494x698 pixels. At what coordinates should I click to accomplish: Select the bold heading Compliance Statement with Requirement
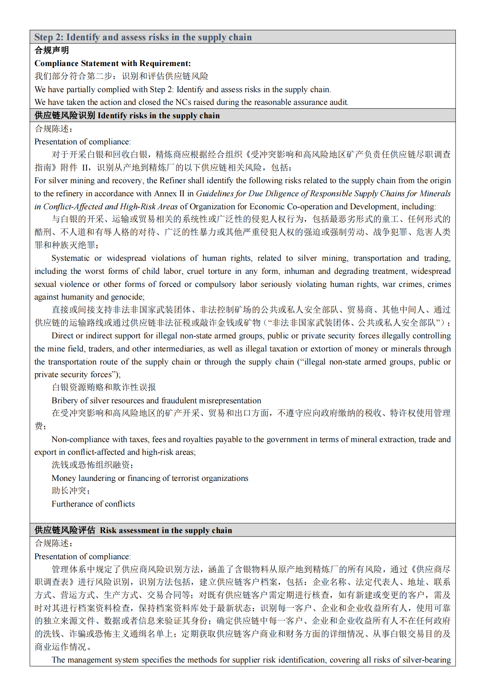(x=112, y=63)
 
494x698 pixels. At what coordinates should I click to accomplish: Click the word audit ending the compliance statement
(x=338, y=102)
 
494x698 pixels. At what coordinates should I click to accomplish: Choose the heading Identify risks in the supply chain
(x=158, y=116)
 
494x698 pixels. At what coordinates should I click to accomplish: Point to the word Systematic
(x=70, y=258)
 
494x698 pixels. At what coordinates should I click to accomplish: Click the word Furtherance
(x=72, y=504)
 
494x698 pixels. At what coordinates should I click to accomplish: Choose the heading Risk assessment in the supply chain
(x=166, y=530)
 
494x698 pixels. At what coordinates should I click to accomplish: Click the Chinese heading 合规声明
(x=52, y=50)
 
